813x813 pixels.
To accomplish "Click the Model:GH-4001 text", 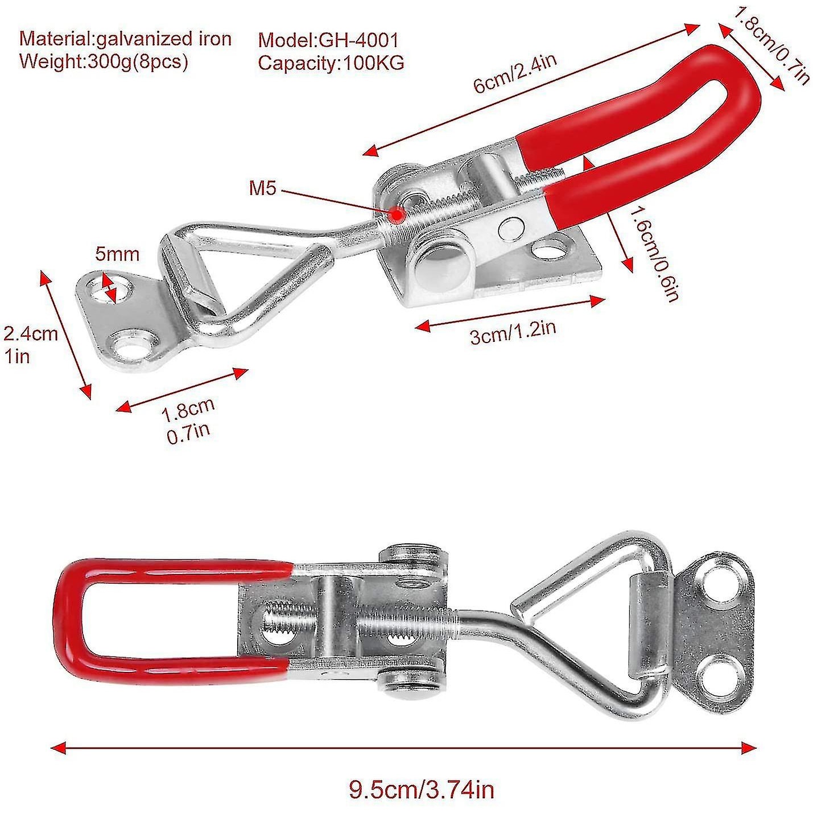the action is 328,41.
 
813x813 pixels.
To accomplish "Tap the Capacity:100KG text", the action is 331,63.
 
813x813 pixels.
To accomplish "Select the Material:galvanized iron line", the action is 126,39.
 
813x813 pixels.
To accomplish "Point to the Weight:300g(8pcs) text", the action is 104,61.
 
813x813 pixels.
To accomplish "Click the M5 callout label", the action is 262,188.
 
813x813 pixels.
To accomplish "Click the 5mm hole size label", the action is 117,254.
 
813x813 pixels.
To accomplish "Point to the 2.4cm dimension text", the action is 30,334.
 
